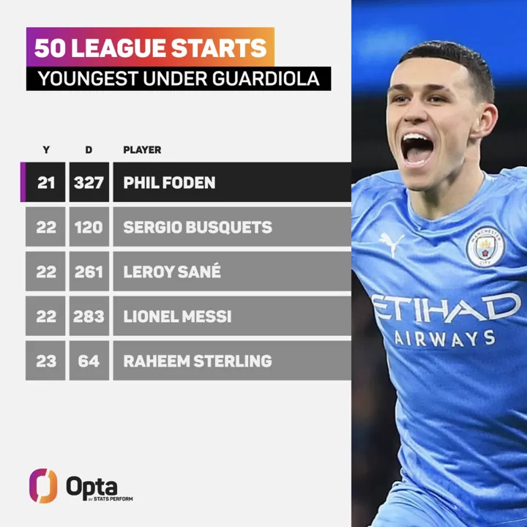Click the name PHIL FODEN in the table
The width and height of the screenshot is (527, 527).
pyautogui.click(x=169, y=182)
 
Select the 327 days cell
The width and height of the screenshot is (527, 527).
pyautogui.click(x=89, y=182)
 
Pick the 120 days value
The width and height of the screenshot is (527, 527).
pyautogui.click(x=89, y=227)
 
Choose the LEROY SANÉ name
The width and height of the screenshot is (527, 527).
pyautogui.click(x=172, y=272)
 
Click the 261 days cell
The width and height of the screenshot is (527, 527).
pyautogui.click(x=89, y=272)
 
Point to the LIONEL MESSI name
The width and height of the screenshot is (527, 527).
pyautogui.click(x=177, y=316)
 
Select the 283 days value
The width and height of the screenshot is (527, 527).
pyautogui.click(x=89, y=316)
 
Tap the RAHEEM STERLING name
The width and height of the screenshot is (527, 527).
pyautogui.click(x=197, y=361)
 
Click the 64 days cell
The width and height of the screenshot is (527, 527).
pyautogui.click(x=89, y=361)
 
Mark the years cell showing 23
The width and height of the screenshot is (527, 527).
pyautogui.click(x=45, y=361)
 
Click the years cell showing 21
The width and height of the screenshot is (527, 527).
pyautogui.click(x=45, y=182)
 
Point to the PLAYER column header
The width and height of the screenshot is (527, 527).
pyautogui.click(x=142, y=150)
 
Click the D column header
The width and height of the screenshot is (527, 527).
pyautogui.click(x=89, y=150)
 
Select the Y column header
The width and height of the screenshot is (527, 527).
pyautogui.click(x=46, y=150)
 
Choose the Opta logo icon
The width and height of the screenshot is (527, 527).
pyautogui.click(x=42, y=485)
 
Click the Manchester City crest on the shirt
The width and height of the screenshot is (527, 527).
pyautogui.click(x=485, y=247)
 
